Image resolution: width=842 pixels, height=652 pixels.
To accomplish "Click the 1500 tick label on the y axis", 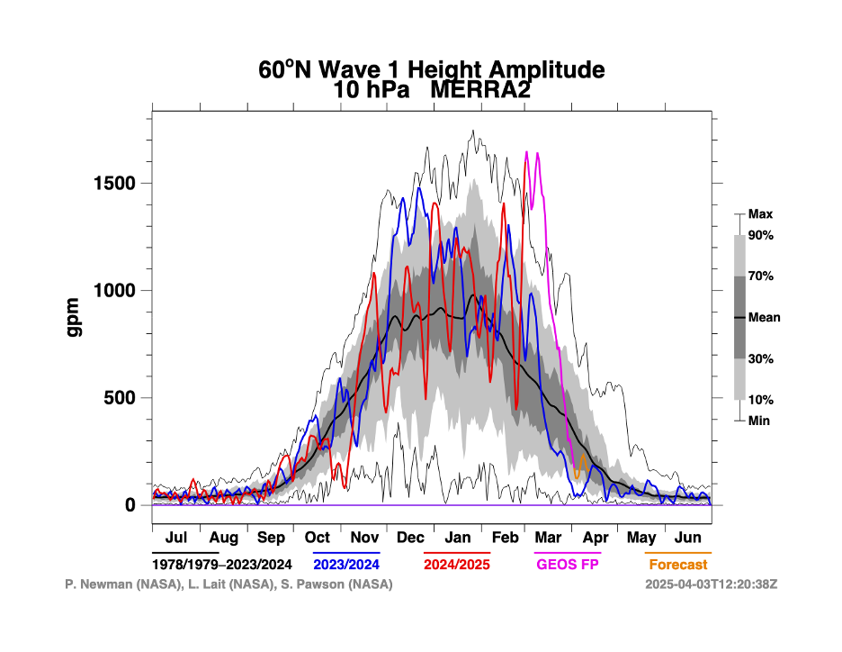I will (x=116, y=184).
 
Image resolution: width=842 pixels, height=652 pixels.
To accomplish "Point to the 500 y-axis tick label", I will (x=121, y=398).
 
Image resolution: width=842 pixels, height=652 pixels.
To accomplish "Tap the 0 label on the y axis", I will (x=130, y=505).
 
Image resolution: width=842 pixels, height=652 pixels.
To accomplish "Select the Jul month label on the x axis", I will (x=176, y=538).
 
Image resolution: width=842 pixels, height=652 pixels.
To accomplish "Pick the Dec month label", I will (x=410, y=538).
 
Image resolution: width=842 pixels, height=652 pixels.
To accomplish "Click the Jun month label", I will (x=688, y=538).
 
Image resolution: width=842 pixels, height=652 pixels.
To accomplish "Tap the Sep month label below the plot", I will (x=271, y=538).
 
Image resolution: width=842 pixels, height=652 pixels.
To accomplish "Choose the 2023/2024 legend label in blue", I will (x=347, y=565).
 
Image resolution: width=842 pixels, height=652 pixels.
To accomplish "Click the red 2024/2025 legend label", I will (x=457, y=565).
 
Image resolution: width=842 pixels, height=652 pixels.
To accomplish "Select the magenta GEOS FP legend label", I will (x=568, y=565).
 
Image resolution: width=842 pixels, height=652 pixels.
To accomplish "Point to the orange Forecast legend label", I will (x=677, y=565).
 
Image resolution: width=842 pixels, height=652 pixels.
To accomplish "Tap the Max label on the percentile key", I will (x=761, y=214).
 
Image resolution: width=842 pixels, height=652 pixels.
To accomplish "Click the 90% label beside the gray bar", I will (x=761, y=235).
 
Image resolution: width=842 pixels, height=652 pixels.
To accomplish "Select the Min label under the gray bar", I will (x=759, y=421).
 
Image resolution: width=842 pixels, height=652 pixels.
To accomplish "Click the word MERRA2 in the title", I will (x=480, y=90).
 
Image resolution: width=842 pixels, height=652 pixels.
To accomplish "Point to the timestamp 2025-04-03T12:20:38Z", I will (x=711, y=584).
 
